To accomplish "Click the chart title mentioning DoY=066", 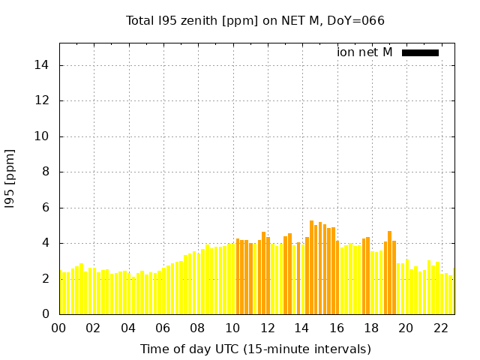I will pyautogui.click(x=255, y=20).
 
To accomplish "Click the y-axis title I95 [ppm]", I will pyautogui.click(x=10, y=179).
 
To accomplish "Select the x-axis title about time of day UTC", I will pyautogui.click(x=255, y=349).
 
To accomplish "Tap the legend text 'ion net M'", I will pyautogui.click(x=364, y=52).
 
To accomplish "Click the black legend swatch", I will pyautogui.click(x=420, y=52).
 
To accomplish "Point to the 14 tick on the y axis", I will pyautogui.click(x=42, y=65).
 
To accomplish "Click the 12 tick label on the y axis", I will pyautogui.click(x=42, y=100).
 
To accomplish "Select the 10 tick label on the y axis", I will pyautogui.click(x=42, y=136).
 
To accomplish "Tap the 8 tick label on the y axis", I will pyautogui.click(x=45, y=172).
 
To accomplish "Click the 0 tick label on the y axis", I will pyautogui.click(x=45, y=314).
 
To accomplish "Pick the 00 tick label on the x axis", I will pyautogui.click(x=59, y=328).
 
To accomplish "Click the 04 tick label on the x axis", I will pyautogui.click(x=128, y=328).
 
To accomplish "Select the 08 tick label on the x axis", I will pyautogui.click(x=197, y=328).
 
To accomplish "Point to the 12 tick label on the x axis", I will pyautogui.click(x=267, y=328).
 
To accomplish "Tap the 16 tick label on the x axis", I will pyautogui.click(x=336, y=328).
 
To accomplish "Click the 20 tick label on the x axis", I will pyautogui.click(x=406, y=328).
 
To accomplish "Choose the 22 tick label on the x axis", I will pyautogui.click(x=440, y=328).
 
